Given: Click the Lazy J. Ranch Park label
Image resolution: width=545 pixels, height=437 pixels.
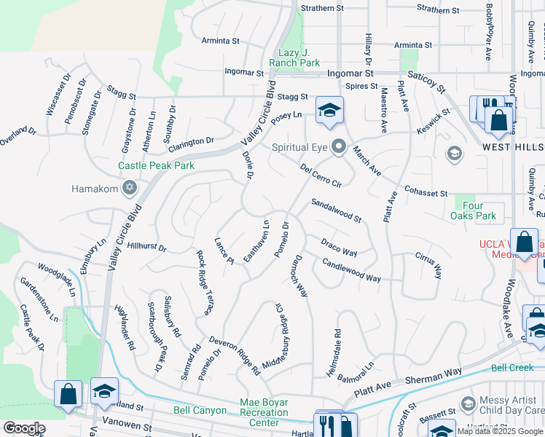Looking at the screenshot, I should [x=299, y=58].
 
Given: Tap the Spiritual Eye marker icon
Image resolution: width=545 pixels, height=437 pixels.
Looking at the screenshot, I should [x=338, y=147].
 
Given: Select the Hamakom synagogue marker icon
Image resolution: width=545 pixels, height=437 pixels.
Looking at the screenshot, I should [x=130, y=189].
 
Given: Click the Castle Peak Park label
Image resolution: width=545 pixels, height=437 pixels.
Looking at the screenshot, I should [x=157, y=165].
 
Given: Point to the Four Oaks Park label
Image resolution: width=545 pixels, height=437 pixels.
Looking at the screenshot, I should [x=479, y=211].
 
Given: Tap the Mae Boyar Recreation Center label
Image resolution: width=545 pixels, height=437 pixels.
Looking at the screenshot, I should [x=264, y=412].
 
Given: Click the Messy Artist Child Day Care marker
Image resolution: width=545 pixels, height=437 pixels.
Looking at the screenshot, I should [x=468, y=403].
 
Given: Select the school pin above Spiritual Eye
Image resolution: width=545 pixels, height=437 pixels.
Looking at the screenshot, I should [x=329, y=111].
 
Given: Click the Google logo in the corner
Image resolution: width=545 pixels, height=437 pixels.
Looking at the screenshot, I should [x=23, y=428].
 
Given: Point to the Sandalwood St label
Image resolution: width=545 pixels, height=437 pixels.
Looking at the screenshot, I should [x=336, y=210].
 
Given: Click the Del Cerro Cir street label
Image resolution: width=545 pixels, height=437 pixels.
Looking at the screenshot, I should [x=321, y=175].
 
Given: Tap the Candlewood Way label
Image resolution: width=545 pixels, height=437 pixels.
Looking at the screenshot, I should [x=351, y=271].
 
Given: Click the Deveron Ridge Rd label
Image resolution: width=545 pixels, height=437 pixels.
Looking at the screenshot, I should [x=235, y=355].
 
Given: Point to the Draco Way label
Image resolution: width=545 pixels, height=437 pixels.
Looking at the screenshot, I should [x=339, y=247].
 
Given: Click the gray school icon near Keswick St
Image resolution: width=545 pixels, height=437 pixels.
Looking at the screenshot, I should [x=455, y=153].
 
